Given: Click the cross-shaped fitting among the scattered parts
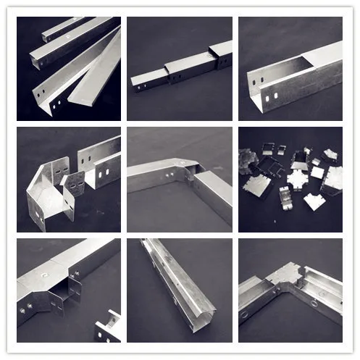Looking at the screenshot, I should coord(297,176).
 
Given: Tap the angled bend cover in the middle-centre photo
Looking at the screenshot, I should coord(181,169).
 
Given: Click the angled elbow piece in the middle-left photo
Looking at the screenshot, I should coord(43,203).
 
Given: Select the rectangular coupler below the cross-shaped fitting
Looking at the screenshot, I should coord(284,196).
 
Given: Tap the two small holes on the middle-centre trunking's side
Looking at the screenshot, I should coord(171,175).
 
